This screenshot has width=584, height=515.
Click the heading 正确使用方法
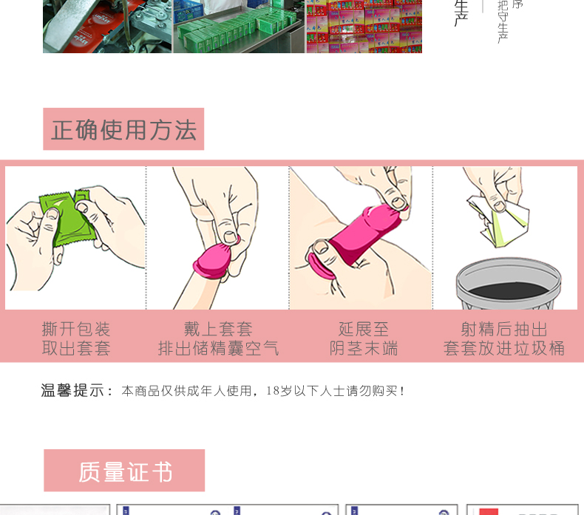(123, 130)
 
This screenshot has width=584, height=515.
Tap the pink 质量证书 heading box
(124, 471)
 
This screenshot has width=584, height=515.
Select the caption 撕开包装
(76, 329)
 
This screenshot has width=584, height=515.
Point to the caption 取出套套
(76, 349)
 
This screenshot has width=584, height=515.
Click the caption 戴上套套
(219, 329)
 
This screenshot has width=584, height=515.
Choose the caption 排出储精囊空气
(219, 349)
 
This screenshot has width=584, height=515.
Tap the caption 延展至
(364, 329)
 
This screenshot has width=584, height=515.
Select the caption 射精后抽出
(504, 329)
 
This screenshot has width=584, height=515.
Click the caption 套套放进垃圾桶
(504, 349)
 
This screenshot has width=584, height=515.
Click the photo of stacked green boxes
(239, 26)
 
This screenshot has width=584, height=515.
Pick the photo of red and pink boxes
(364, 26)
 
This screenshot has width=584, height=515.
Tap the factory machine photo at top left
(107, 26)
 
